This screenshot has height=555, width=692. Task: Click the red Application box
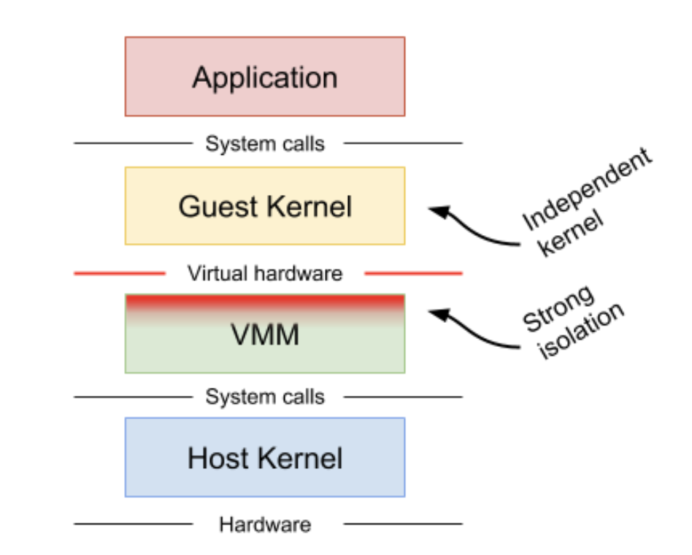point(265,77)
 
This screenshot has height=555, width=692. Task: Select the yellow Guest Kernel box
point(265,206)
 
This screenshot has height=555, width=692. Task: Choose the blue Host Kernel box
point(265,458)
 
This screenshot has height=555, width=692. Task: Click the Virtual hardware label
point(265,274)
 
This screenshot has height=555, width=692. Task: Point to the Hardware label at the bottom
point(265,524)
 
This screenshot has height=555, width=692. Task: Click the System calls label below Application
point(265,144)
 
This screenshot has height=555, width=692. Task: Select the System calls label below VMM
point(265,397)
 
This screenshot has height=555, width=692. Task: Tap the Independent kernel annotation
point(584,201)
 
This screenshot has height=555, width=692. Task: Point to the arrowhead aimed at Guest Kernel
point(437,210)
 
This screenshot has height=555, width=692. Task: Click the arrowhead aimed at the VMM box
point(437,313)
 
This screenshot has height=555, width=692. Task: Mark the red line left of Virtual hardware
point(120,274)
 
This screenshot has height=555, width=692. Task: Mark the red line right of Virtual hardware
point(413,274)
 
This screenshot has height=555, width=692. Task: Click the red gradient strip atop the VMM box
point(265,302)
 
